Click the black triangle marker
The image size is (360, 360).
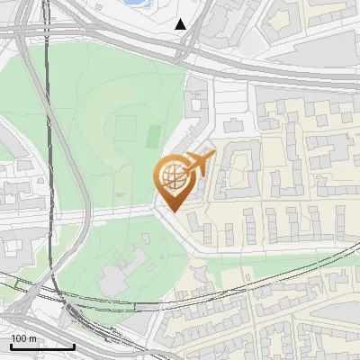coord(181,24)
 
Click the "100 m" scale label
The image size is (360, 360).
coord(24,338)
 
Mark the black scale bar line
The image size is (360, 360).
coord(42,346)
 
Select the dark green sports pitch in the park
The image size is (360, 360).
coord(153,137)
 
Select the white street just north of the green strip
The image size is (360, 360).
coord(270,247)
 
